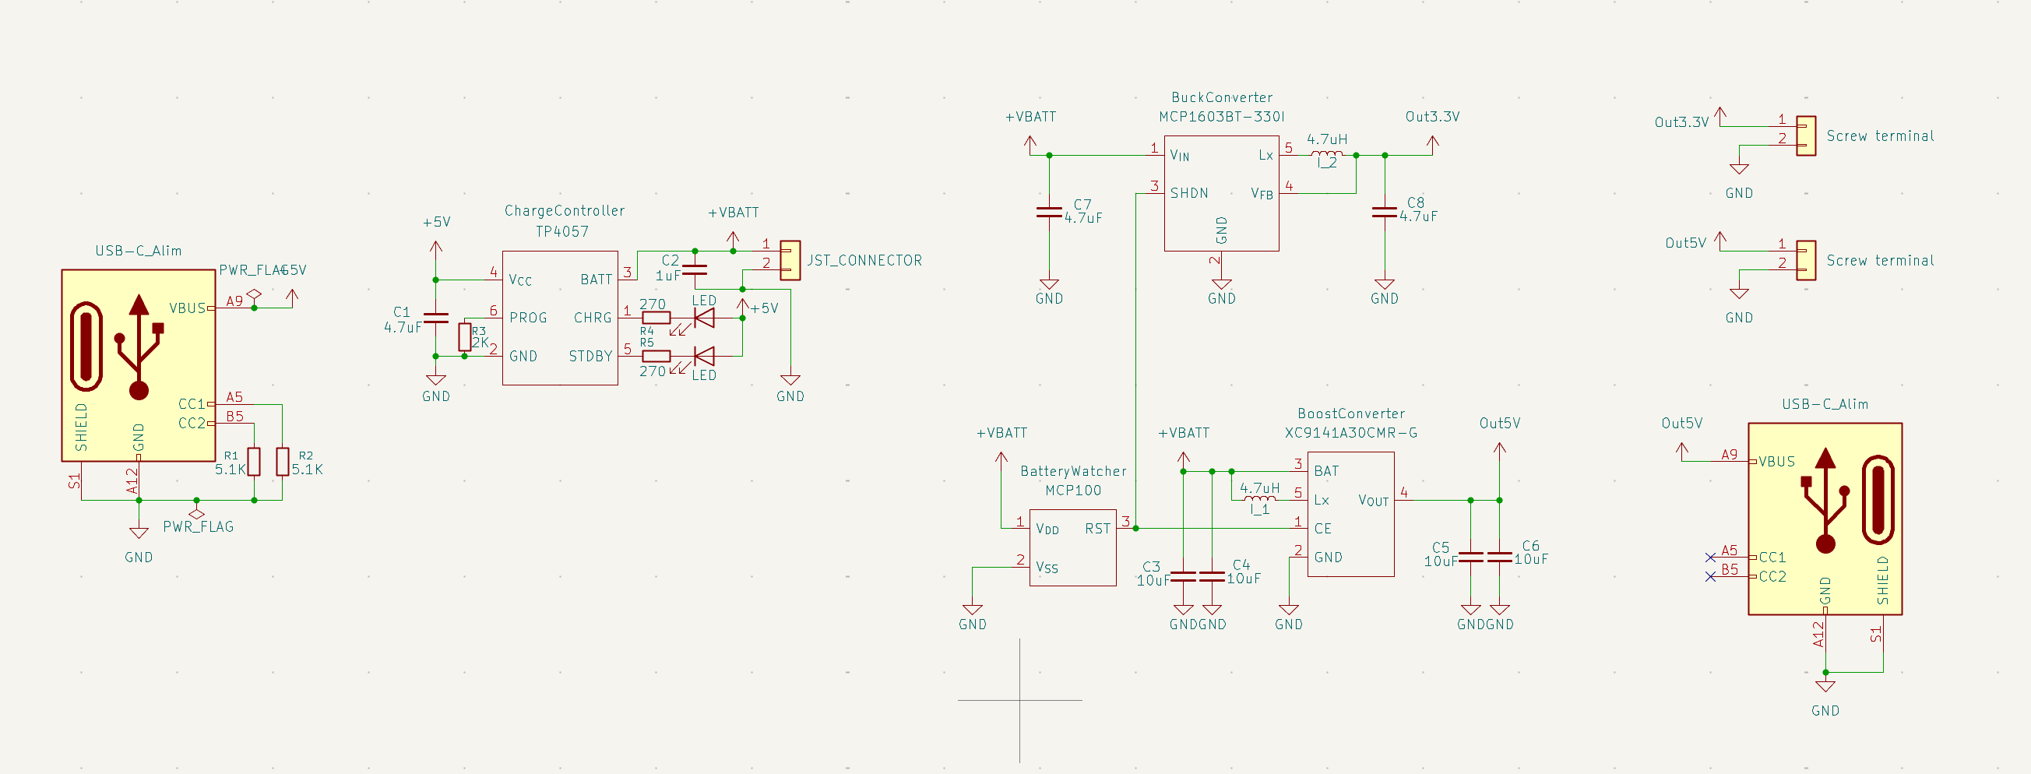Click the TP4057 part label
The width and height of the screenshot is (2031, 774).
pos(561,231)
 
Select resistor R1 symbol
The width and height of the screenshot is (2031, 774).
pos(254,462)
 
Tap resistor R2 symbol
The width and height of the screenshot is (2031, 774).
pos(282,462)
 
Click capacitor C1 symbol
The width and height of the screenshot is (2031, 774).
pos(436,318)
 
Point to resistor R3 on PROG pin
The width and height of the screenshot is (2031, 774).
pos(465,337)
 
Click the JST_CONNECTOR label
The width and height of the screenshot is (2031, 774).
pos(864,260)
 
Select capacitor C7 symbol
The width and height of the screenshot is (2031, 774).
pos(1049,211)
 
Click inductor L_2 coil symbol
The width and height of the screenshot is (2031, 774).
pos(1326,154)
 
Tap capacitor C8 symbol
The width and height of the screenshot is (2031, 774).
pos(1384,211)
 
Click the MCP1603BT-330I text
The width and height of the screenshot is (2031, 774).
pos(1221,117)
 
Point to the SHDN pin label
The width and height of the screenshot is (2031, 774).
pos(1188,193)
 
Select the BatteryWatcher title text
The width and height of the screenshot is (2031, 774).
pos(1072,471)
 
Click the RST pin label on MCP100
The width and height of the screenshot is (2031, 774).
pos(1096,529)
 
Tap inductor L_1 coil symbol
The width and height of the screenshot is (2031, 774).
pos(1259,499)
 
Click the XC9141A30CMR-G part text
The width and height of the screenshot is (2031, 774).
pos(1350,433)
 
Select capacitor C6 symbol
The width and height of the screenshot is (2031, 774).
pos(1499,558)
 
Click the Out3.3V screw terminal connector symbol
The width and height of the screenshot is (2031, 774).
pos(1805,135)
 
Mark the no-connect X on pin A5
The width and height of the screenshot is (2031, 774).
pos(1709,558)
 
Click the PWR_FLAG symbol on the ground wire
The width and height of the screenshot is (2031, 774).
pos(197,513)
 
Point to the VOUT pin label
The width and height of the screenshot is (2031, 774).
pos(1373,501)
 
